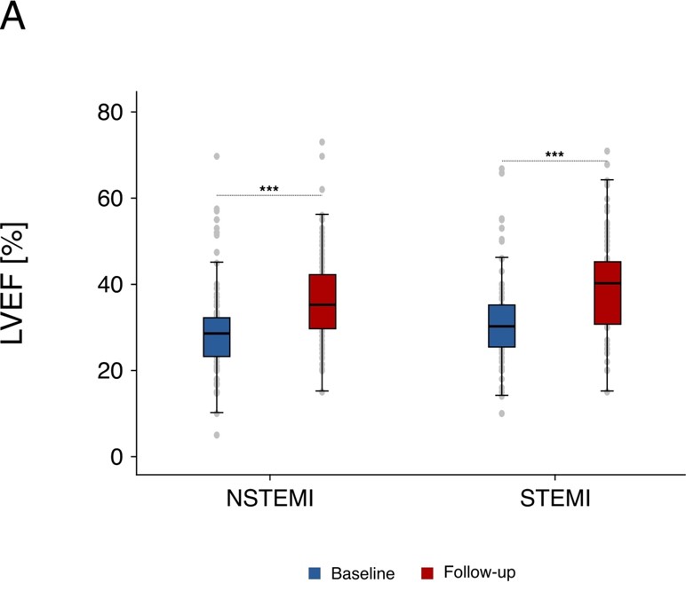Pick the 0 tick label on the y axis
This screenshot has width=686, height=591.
(118, 456)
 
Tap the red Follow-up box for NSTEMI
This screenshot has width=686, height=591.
(322, 302)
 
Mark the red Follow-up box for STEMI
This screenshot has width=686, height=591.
(607, 293)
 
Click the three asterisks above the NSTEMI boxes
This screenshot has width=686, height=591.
(269, 189)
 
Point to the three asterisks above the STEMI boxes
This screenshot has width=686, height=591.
(554, 155)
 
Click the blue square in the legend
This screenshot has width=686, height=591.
(314, 573)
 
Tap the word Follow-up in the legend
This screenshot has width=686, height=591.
(485, 573)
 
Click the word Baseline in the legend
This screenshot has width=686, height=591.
(363, 573)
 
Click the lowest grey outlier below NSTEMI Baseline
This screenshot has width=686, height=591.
(217, 435)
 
